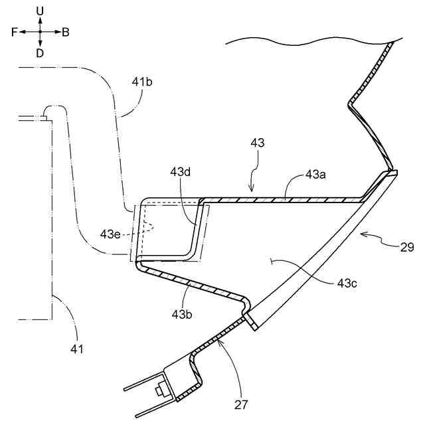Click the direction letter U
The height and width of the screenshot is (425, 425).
40,11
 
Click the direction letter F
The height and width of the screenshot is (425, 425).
15,32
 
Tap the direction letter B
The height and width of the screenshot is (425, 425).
66,32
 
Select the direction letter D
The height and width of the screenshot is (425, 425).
40,53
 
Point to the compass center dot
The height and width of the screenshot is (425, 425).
40,32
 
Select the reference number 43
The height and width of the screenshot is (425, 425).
258,143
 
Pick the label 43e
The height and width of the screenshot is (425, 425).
111,233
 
